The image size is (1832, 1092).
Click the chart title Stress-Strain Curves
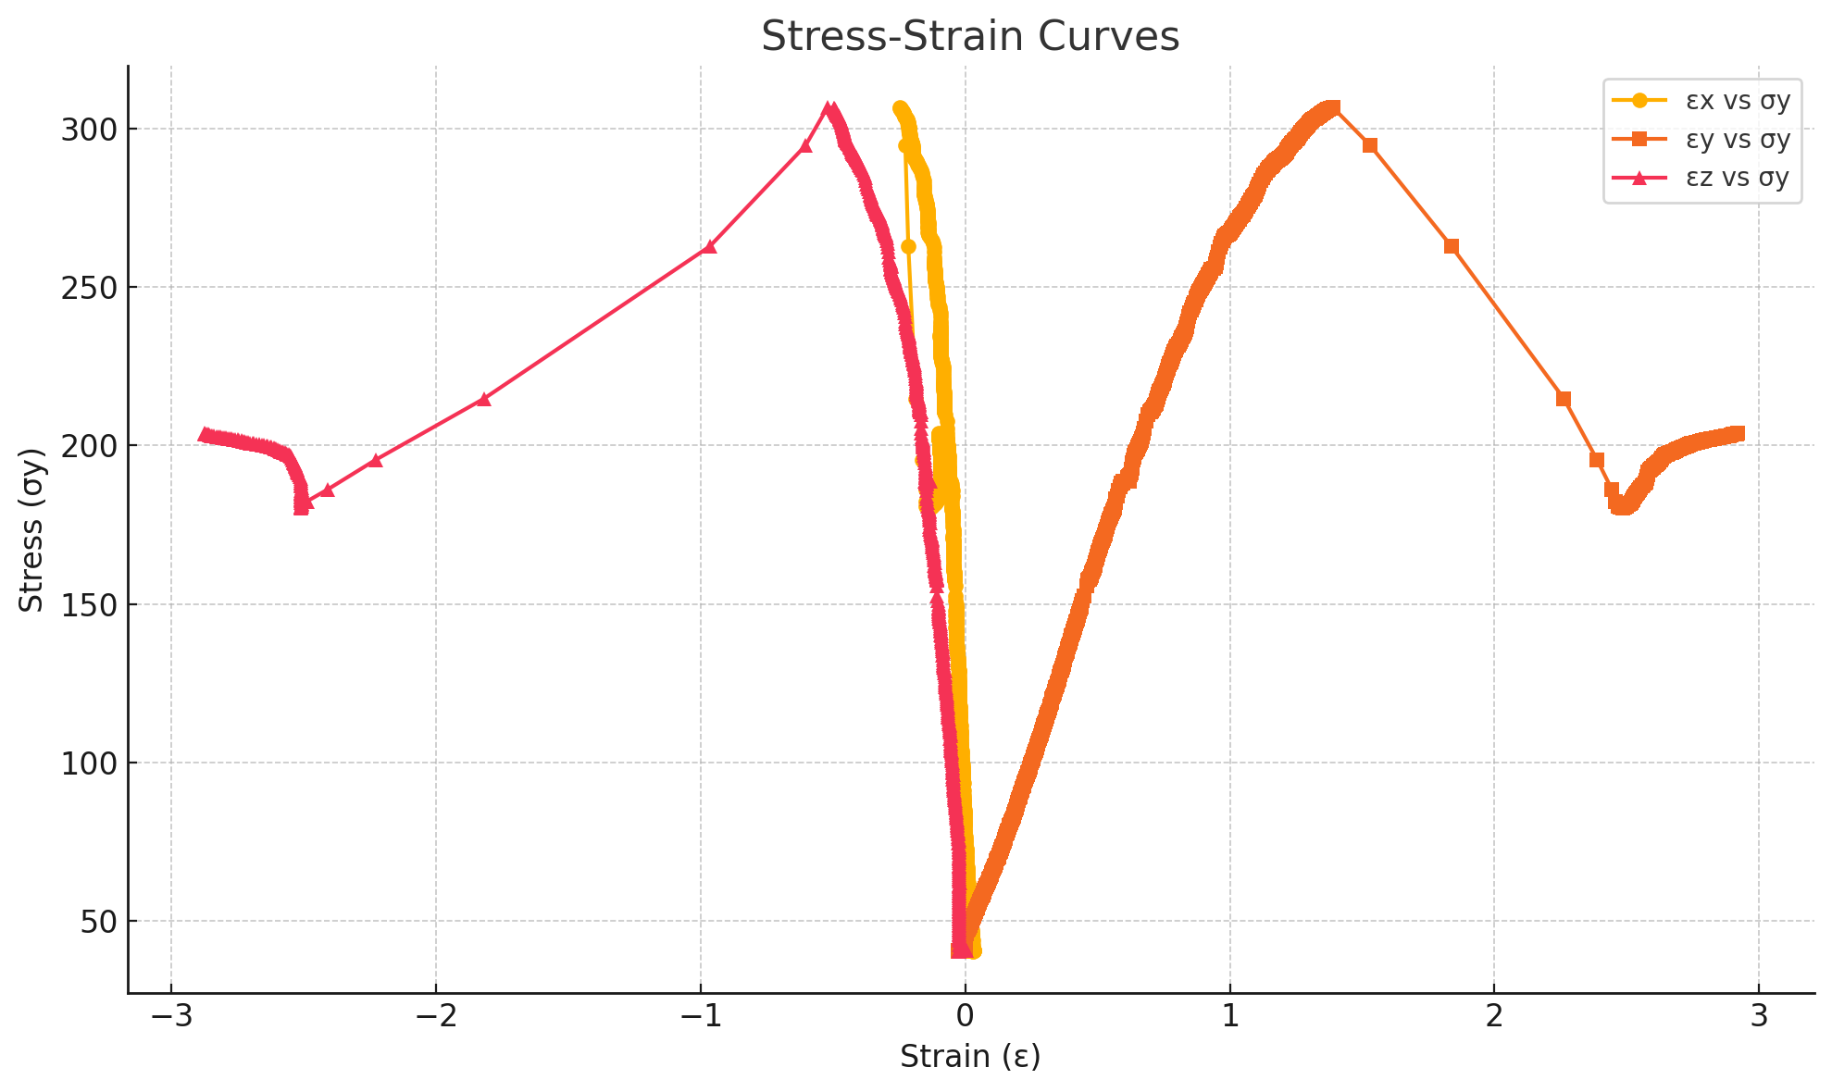(970, 37)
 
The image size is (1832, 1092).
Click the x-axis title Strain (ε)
(970, 1056)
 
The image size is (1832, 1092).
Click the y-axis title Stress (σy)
(31, 530)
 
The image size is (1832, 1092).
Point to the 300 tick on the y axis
(89, 130)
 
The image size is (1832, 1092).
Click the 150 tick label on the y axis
(89, 605)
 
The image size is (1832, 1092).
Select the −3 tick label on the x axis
(171, 1016)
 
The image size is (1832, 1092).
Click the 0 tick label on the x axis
(966, 1016)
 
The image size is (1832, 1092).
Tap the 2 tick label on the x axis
(1494, 1016)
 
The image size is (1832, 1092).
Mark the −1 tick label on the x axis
(701, 1016)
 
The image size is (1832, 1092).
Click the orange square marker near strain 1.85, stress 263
(1452, 246)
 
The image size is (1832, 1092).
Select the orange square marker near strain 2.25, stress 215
(1564, 399)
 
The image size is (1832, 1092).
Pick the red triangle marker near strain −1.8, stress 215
(483, 399)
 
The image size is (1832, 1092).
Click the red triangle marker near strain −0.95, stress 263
(710, 246)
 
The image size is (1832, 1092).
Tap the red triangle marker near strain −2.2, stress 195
(375, 460)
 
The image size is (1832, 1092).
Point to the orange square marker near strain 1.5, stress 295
(1370, 145)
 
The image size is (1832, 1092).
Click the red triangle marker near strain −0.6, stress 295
(805, 145)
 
